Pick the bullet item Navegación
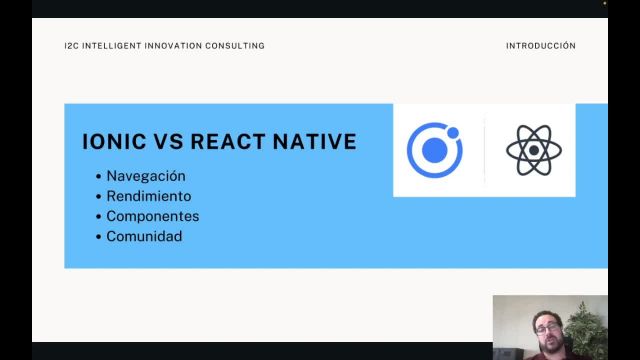(146, 176)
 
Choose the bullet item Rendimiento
(149, 196)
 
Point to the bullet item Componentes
(153, 216)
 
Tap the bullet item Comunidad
(145, 237)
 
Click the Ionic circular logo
(435, 150)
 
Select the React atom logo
(534, 150)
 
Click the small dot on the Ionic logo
(453, 132)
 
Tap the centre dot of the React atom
(534, 151)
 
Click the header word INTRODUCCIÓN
(541, 46)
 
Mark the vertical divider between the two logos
(485, 150)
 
